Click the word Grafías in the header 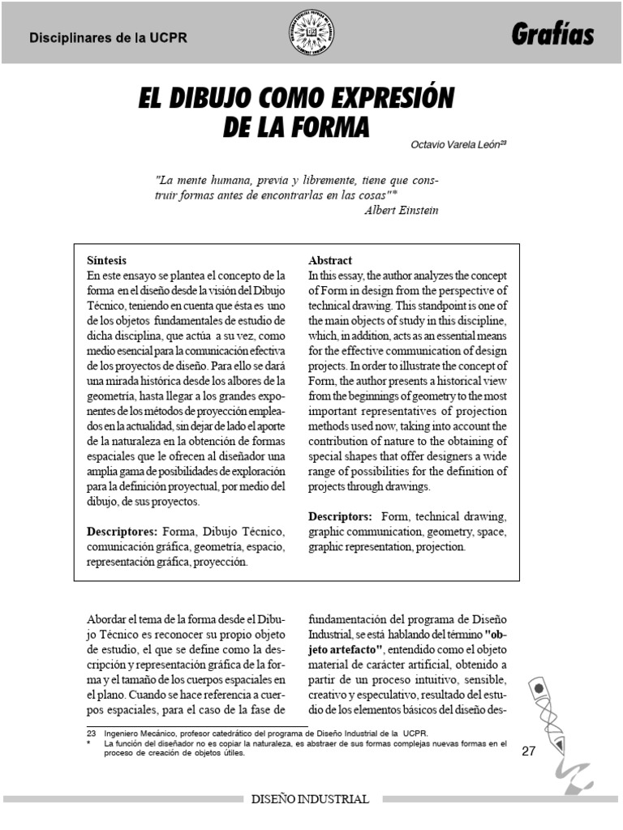coord(552,35)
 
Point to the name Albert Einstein coord(402,210)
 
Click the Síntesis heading coord(106,261)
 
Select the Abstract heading coord(330,261)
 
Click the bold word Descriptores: coord(122,531)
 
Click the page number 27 coord(529,751)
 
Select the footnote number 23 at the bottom coord(91,733)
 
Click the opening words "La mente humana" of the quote coord(199,179)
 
